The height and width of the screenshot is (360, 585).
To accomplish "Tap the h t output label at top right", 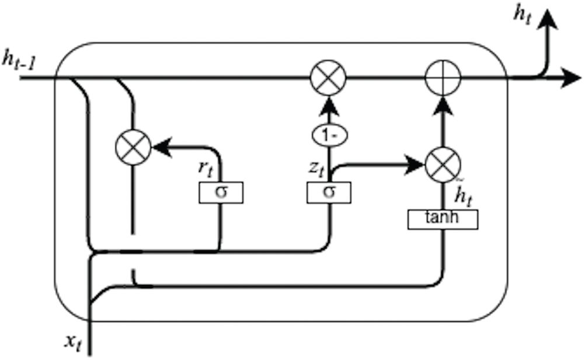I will pyautogui.click(x=523, y=14).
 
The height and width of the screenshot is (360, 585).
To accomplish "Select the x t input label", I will pyautogui.click(x=73, y=344).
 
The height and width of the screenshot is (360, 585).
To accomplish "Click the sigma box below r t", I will pyautogui.click(x=220, y=192).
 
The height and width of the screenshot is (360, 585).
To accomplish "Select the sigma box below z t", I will pyautogui.click(x=329, y=192).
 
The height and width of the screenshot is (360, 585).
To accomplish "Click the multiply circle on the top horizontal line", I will pyautogui.click(x=328, y=77).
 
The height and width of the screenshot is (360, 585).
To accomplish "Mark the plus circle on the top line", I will pyautogui.click(x=443, y=77).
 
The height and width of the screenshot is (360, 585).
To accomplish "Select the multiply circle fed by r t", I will pyautogui.click(x=134, y=146).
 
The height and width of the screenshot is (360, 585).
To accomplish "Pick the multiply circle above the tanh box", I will pyautogui.click(x=443, y=164).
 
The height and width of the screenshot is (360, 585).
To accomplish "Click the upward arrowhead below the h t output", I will pyautogui.click(x=548, y=20).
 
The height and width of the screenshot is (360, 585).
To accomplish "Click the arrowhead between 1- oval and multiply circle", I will pyautogui.click(x=329, y=105).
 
